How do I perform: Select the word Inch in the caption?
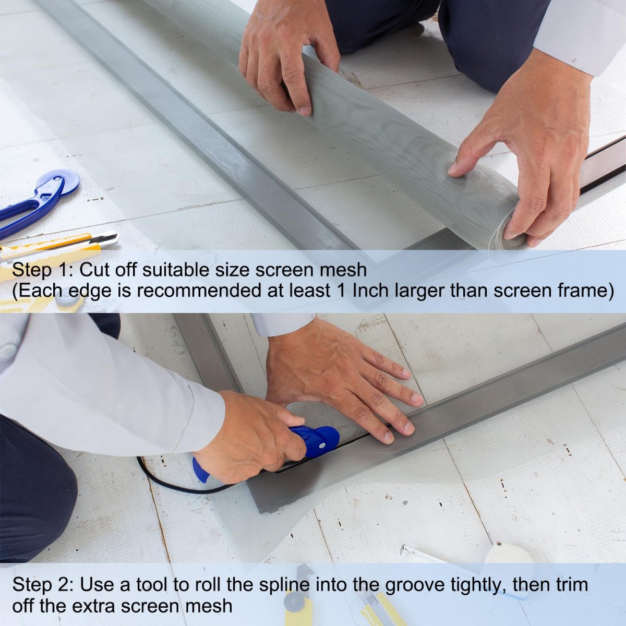[x=370, y=290]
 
